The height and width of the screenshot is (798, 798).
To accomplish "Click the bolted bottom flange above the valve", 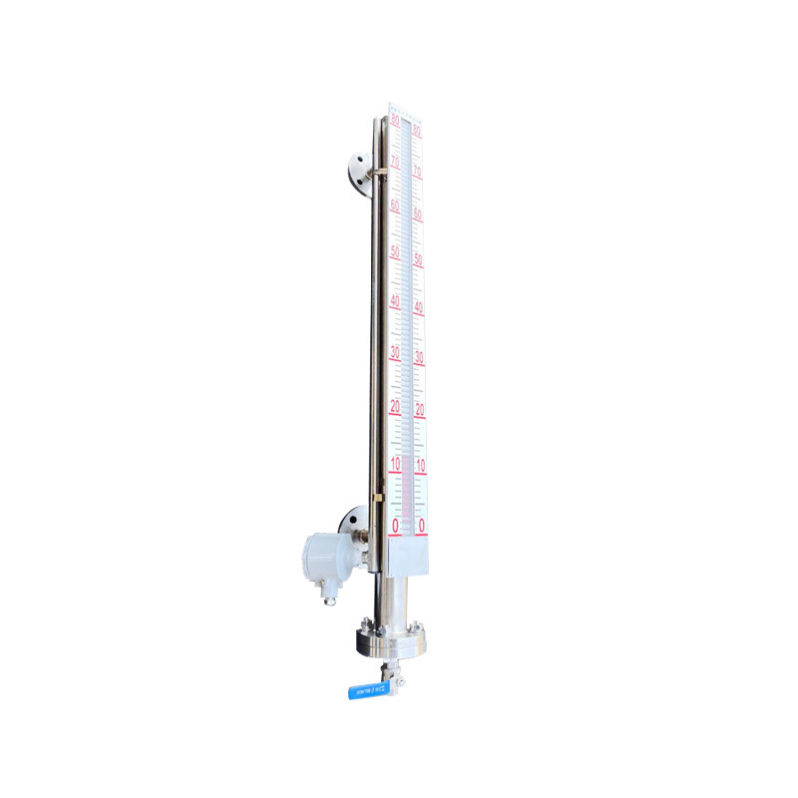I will tap(390, 640).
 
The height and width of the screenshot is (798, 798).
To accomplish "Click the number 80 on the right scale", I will tap(417, 131).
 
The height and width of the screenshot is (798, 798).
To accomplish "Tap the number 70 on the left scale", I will tap(396, 162).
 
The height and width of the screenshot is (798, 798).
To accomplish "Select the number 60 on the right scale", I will tap(418, 213).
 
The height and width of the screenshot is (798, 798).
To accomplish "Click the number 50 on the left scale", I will tap(396, 251).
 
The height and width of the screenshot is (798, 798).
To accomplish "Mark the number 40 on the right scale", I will tap(419, 307).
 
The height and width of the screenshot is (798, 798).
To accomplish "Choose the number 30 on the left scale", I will tap(395, 352).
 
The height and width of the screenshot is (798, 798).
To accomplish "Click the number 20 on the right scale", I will tap(420, 410).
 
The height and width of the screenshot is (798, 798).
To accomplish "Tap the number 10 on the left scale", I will tap(395, 464).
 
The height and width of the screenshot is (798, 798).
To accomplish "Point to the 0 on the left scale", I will tap(395, 525).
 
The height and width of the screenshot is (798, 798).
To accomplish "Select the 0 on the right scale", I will tap(422, 525).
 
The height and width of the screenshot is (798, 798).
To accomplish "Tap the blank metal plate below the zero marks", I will tap(408, 555).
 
